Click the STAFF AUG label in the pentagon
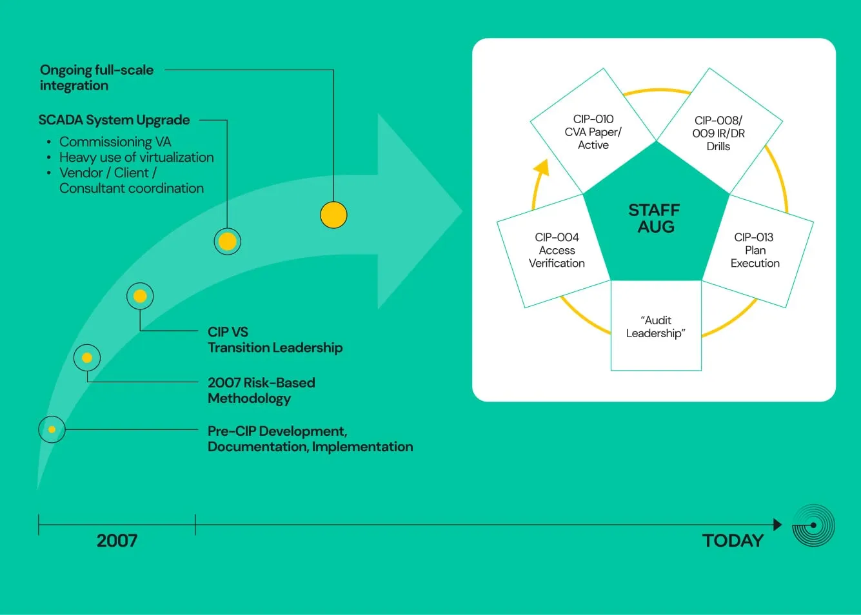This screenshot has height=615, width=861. [654, 218]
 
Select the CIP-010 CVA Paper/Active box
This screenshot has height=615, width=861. [593, 131]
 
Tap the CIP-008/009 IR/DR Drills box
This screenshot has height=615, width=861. [719, 131]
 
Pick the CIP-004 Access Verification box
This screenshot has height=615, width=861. [554, 251]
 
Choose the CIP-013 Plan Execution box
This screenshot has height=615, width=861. [758, 251]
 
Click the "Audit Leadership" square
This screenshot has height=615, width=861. [656, 326]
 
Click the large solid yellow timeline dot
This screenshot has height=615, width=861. [333, 215]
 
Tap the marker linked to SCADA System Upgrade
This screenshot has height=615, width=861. [228, 242]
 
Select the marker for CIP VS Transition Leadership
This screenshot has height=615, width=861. [140, 296]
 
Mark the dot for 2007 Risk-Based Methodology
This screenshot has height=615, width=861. [87, 358]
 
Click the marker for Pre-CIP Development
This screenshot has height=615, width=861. [52, 429]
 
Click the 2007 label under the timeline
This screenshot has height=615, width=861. [117, 540]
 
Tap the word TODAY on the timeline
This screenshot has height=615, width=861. [733, 540]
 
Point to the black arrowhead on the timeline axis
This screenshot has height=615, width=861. [778, 524]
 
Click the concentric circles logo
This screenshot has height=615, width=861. [813, 525]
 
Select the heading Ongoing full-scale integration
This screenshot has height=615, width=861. [97, 77]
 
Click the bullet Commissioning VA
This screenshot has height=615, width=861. [115, 142]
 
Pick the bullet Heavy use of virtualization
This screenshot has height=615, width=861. [137, 157]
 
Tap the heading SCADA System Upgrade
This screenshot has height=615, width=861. [114, 120]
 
